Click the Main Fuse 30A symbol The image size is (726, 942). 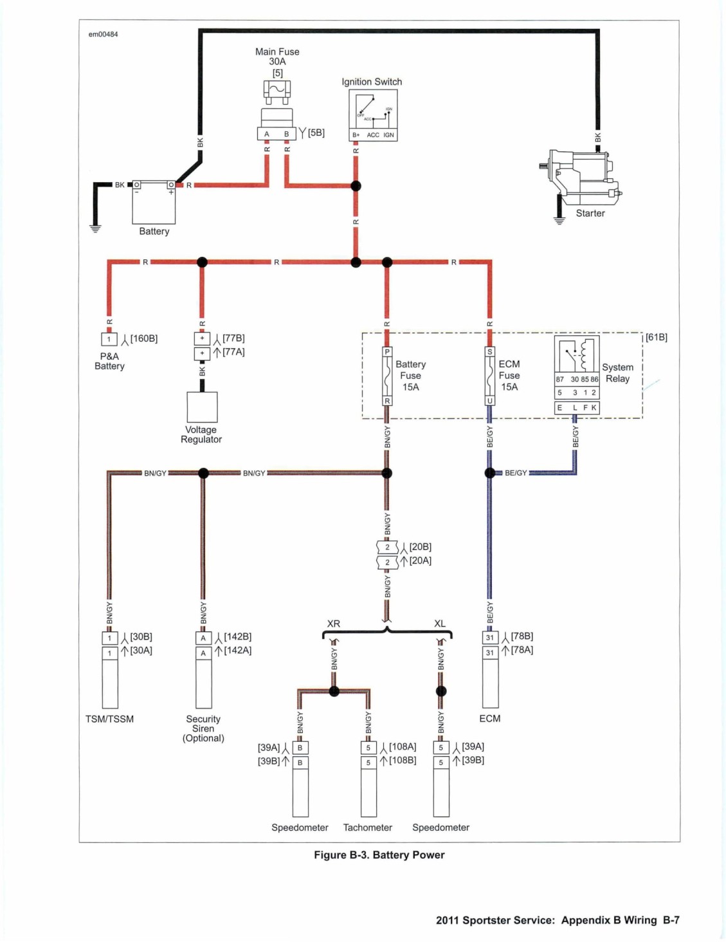click(x=277, y=110)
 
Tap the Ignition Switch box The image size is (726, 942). click(x=373, y=115)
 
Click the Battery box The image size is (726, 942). click(x=154, y=202)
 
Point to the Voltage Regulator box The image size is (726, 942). click(x=202, y=407)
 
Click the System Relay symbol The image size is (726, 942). click(x=577, y=374)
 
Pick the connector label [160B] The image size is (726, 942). click(x=144, y=338)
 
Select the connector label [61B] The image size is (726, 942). click(x=657, y=337)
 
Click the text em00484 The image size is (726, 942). click(x=103, y=34)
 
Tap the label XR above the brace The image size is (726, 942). click(x=334, y=623)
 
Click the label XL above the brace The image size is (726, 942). click(x=440, y=623)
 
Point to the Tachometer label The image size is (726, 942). click(x=367, y=827)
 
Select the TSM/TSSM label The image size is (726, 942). click(x=109, y=719)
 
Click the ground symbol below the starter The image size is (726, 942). click(x=559, y=220)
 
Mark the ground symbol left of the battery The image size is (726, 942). click(x=95, y=228)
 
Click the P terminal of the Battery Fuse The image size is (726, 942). click(x=387, y=351)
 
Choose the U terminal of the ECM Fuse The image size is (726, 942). click(x=489, y=401)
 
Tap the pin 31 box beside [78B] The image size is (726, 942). click(x=490, y=637)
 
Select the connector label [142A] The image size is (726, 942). click(x=237, y=651)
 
